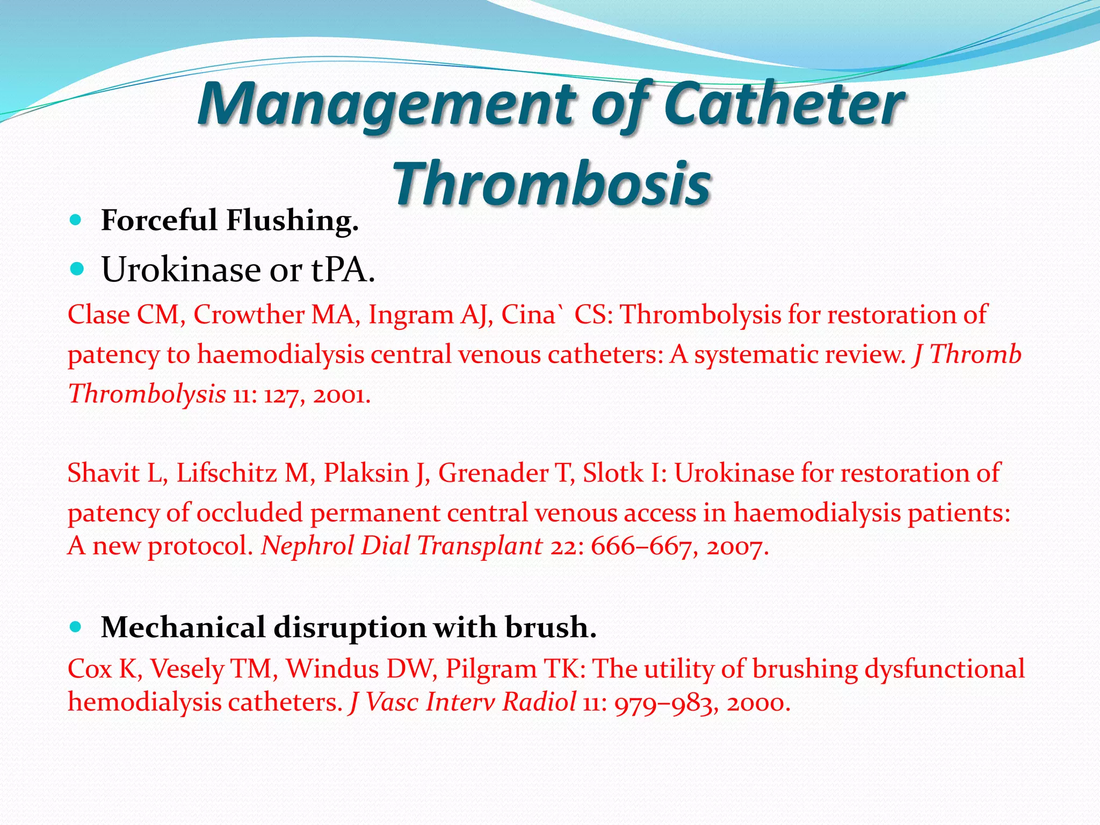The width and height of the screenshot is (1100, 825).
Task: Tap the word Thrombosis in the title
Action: click(552, 184)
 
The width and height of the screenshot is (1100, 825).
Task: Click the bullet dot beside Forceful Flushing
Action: click(76, 220)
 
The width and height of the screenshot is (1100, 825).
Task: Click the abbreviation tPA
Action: click(339, 270)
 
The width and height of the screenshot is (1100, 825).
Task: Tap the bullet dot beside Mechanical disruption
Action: click(76, 626)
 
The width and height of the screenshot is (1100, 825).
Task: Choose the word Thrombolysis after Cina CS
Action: click(700, 314)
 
